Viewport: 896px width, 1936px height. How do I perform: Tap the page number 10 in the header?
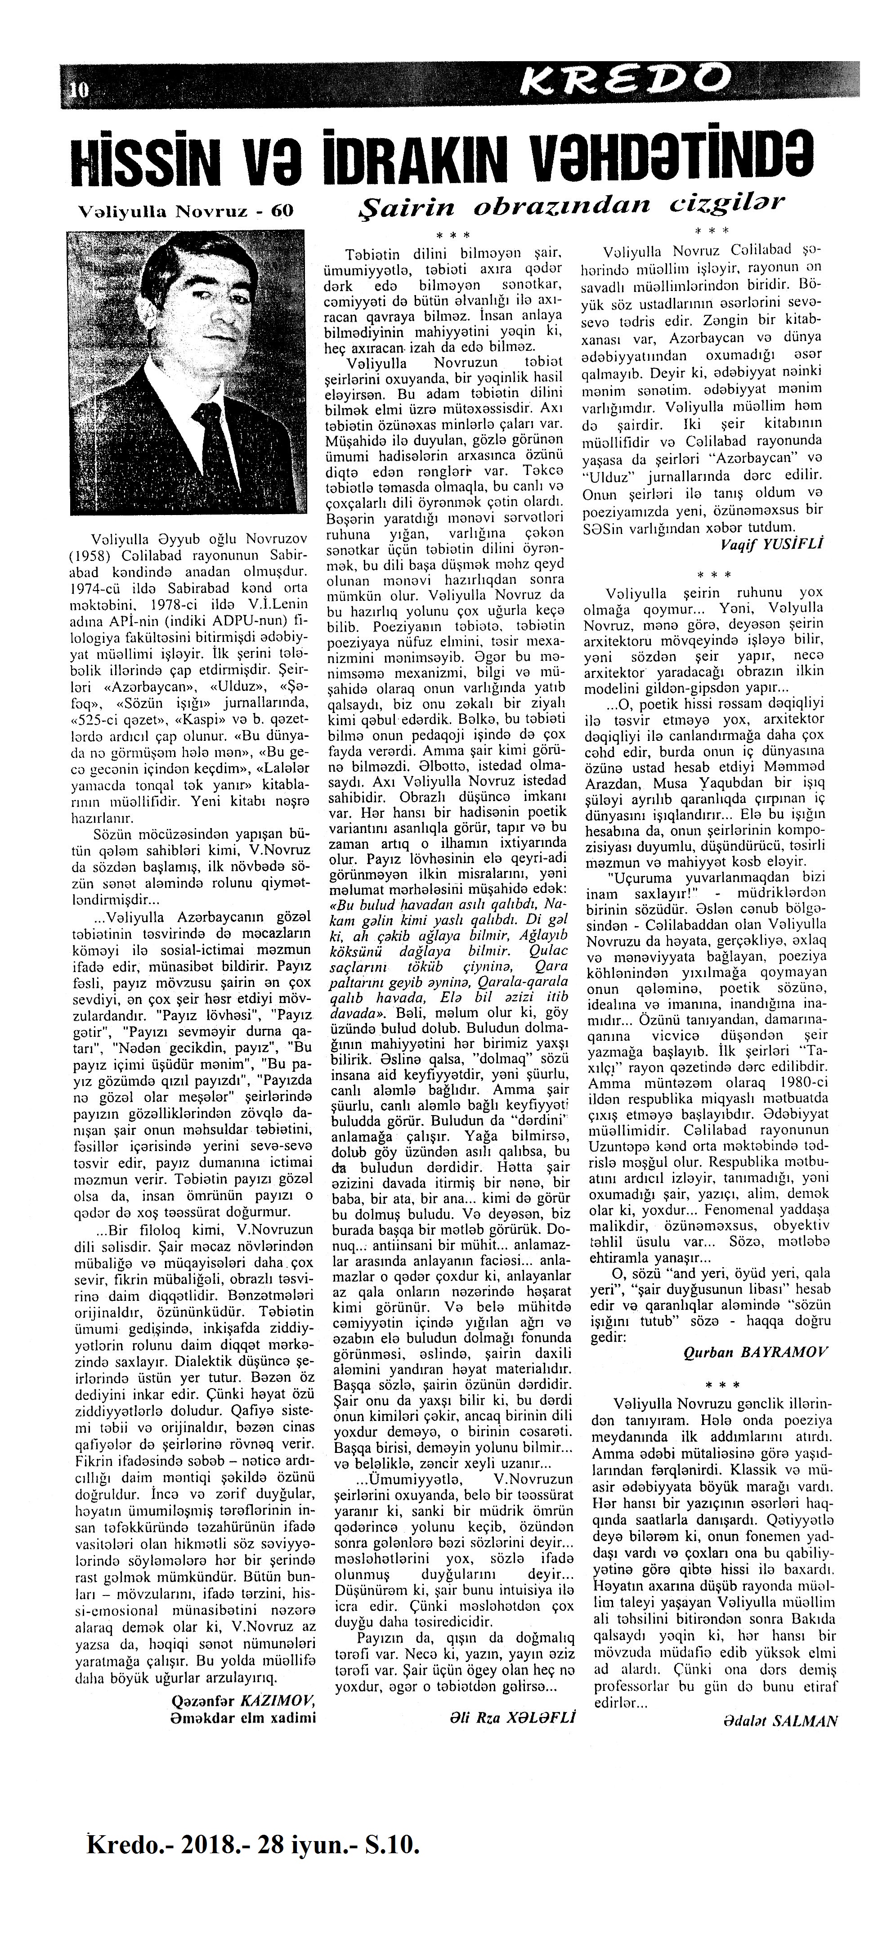[x=77, y=90]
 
